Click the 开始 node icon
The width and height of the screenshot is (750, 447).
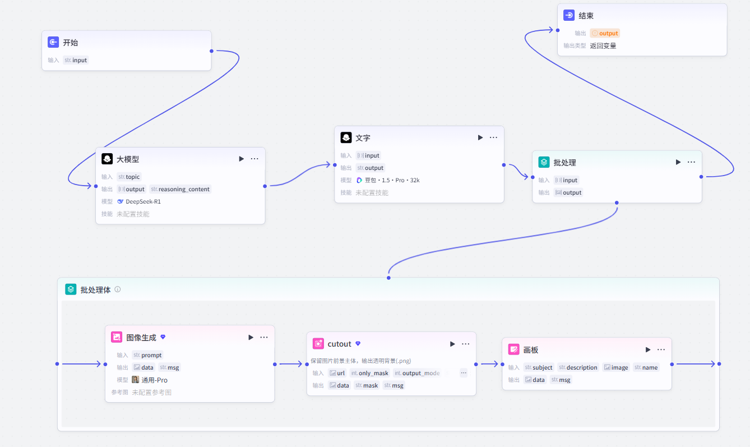[53, 42]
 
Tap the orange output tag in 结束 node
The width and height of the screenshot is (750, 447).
[605, 33]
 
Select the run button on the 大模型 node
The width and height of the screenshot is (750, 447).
[241, 159]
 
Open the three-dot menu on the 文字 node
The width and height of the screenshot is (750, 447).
[493, 137]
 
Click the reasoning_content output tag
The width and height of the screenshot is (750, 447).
[180, 189]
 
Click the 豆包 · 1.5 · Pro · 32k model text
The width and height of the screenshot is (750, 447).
[392, 180]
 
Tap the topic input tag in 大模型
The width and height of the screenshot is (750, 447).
[129, 177]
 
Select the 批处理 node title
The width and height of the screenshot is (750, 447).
[564, 163]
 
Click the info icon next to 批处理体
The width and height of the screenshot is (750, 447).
[118, 289]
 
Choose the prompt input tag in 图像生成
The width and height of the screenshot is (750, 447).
[147, 355]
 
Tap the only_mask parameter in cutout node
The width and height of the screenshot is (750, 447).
[369, 373]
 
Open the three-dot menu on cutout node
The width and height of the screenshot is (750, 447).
[465, 344]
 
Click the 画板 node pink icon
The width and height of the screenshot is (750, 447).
[513, 349]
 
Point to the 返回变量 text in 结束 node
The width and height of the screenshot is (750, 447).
[603, 46]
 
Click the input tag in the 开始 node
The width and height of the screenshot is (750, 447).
[76, 60]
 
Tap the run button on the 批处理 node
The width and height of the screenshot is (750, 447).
[678, 162]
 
